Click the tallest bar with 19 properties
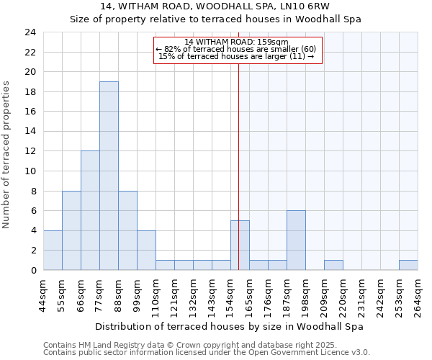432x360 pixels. [109, 176]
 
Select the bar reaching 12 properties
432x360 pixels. [90, 210]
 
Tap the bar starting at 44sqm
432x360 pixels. [53, 250]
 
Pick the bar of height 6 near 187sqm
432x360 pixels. [296, 240]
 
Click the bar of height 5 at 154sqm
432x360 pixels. [240, 246]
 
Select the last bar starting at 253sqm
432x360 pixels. [408, 265]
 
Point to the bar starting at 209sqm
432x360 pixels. [333, 265]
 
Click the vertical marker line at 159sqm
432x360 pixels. [238, 144]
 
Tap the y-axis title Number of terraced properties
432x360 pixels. [7, 154]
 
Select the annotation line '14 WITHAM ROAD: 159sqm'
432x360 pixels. [236, 42]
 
